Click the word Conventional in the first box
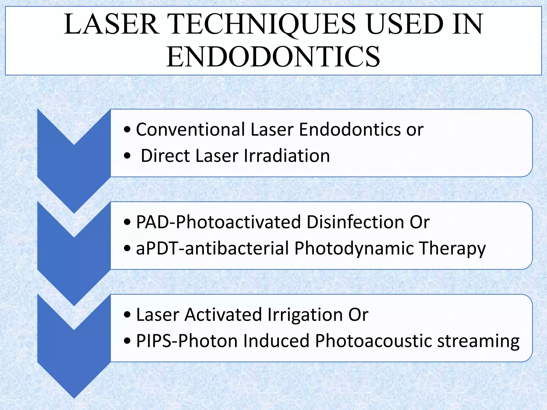coord(191,130)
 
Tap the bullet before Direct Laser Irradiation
coord(127,156)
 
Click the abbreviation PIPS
coord(154,341)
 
